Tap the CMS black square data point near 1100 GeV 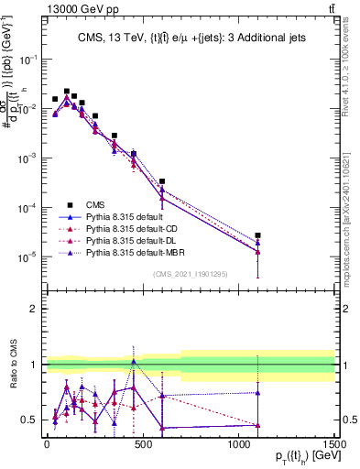tap(258, 235)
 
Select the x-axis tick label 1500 tap(334, 444)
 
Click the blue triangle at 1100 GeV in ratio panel tap(258, 393)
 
